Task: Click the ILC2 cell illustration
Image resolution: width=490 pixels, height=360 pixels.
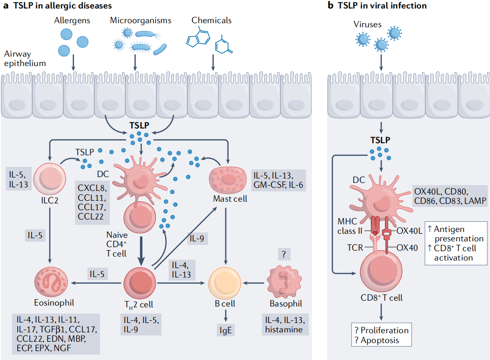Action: tap(50, 179)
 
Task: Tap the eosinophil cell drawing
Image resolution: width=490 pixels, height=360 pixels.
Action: tap(51, 282)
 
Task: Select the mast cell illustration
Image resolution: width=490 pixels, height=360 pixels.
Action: tap(228, 180)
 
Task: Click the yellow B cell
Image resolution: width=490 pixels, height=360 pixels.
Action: tap(224, 283)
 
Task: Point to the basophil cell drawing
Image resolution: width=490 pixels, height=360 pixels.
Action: tap(284, 281)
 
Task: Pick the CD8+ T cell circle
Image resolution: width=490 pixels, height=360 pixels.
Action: tap(381, 271)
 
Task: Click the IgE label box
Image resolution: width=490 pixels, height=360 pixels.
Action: tap(226, 330)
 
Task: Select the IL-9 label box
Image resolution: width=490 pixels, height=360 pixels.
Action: tap(197, 238)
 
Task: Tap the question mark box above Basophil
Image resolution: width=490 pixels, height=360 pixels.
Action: tap(284, 254)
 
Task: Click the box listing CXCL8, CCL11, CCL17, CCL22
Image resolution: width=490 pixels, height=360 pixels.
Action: tap(92, 203)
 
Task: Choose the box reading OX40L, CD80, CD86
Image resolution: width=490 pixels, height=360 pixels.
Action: tap(450, 196)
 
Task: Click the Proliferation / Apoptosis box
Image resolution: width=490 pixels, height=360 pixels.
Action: tap(382, 335)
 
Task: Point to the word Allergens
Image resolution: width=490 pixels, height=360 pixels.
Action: tap(72, 21)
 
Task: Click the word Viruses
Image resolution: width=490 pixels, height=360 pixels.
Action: tap(368, 25)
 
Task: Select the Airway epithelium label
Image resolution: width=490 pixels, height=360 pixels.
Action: tap(25, 58)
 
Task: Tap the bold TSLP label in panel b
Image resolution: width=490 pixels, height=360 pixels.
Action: tap(380, 140)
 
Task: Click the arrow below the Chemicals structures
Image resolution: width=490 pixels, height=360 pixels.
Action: tap(213, 62)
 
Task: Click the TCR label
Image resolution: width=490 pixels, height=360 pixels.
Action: tap(355, 248)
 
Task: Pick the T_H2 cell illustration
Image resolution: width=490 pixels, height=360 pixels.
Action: tap(140, 283)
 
